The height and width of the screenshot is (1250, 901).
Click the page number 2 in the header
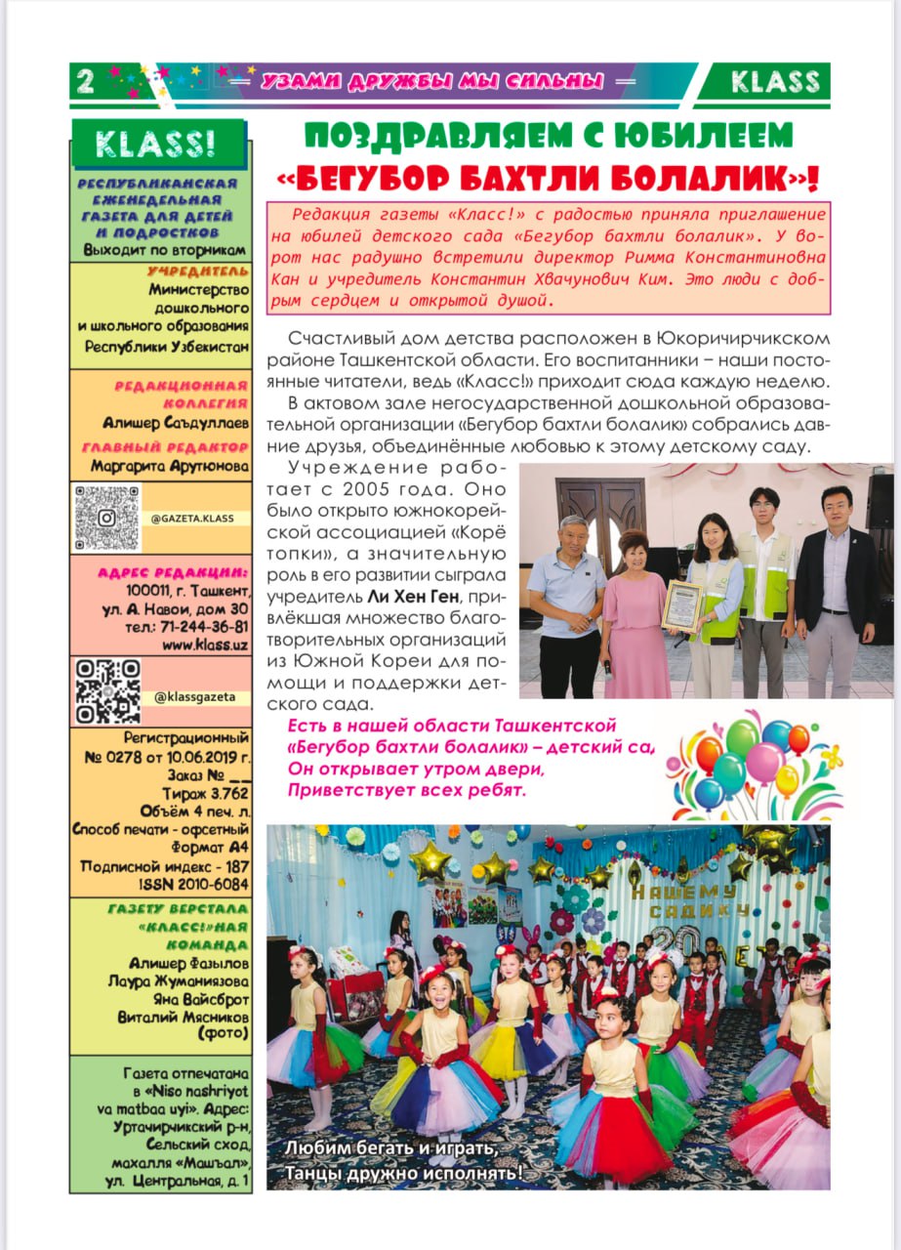85,82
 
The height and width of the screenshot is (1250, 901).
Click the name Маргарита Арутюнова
170,466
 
